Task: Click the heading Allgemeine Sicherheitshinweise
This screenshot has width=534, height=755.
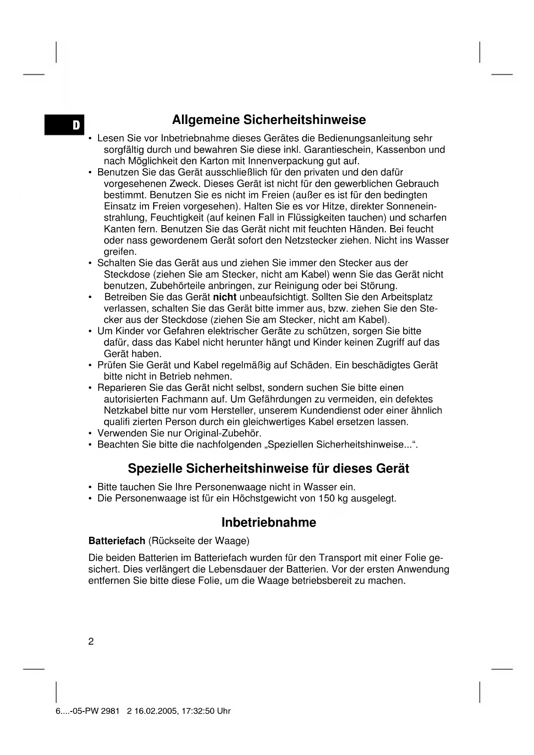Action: tap(269, 120)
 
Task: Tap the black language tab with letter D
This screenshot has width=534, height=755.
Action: tap(65, 125)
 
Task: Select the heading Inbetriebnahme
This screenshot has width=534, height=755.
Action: tap(269, 523)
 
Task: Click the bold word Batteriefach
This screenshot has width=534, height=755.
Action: tap(117, 541)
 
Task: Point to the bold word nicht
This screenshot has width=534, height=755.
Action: tap(225, 297)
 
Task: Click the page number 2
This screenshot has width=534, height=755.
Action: tap(91, 642)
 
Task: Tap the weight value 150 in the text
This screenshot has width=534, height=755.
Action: tap(327, 498)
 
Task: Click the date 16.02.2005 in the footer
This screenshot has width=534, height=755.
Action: tap(154, 711)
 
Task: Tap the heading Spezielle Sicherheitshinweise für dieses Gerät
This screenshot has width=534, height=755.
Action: tap(269, 468)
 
